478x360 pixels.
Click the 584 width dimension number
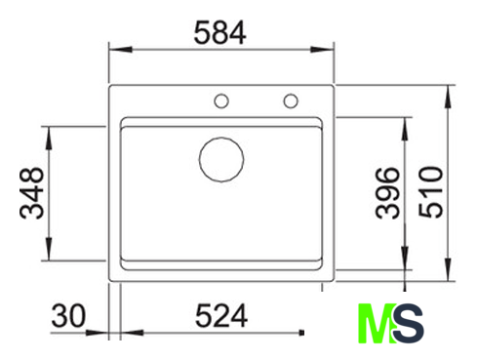click(x=219, y=32)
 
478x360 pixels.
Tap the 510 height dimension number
click(x=430, y=192)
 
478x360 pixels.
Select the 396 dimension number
click(x=387, y=193)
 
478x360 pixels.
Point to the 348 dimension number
click(x=31, y=193)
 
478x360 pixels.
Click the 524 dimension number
click(x=221, y=315)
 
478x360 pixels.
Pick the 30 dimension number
click(x=68, y=315)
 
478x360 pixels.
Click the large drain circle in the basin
click(x=221, y=159)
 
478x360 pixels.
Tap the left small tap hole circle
click(x=221, y=100)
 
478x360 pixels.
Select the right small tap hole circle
click(x=291, y=100)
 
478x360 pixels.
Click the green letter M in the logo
click(x=378, y=323)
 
